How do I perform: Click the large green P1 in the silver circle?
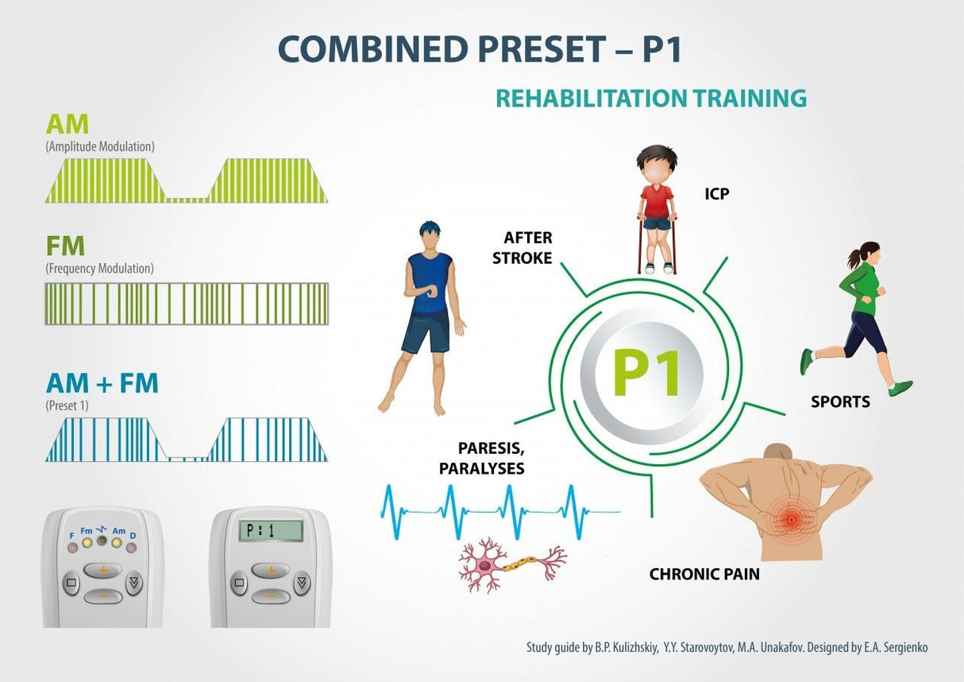646,373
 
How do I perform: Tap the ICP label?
717,194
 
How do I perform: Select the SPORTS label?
840,401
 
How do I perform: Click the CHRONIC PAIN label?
704,574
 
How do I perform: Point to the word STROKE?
522,258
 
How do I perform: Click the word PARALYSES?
481,468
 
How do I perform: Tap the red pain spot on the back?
792,520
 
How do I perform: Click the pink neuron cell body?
485,565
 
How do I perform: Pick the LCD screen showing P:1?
271,530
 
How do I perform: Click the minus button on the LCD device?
271,596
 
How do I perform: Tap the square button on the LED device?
71,583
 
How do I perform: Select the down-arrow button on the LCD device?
302,583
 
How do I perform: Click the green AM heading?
67,124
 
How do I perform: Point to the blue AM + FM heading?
102,383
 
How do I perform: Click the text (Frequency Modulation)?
100,269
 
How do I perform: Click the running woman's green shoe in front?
900,388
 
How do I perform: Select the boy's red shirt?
657,201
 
